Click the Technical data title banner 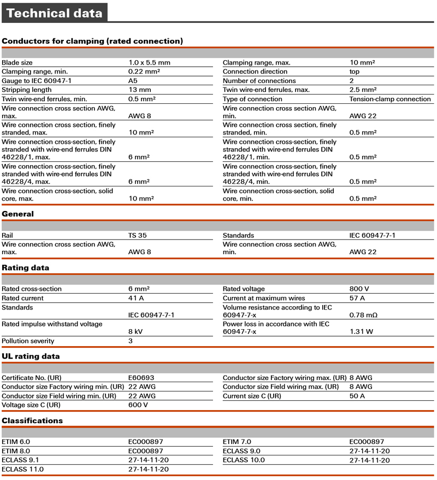click(x=54, y=13)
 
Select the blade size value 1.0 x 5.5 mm click(x=149, y=63)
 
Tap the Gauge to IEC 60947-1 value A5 click(x=133, y=81)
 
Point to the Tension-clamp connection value click(x=390, y=99)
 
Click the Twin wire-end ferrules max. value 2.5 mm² click(x=363, y=90)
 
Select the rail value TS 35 click(x=137, y=236)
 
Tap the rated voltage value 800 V click(x=359, y=289)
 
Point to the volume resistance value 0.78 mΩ click(x=363, y=315)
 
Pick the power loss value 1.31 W click(x=361, y=332)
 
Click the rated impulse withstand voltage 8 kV click(x=135, y=332)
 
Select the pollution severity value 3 click(x=131, y=341)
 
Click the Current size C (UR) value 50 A click(x=357, y=396)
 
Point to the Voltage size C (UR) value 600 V click(x=138, y=406)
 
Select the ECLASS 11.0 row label click(x=22, y=470)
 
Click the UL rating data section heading click(x=31, y=356)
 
